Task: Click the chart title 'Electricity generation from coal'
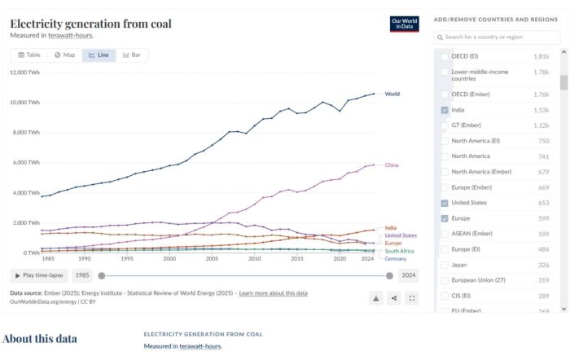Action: (x=90, y=24)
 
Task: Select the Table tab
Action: (x=29, y=55)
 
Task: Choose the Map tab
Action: (x=64, y=55)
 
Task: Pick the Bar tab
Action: (x=132, y=55)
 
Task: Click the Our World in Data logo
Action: (x=404, y=24)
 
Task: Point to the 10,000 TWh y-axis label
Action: (x=24, y=103)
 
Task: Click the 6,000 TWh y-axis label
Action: (x=25, y=162)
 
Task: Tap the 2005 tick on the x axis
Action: (x=212, y=258)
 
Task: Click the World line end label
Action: (x=392, y=94)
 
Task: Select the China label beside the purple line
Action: (x=392, y=165)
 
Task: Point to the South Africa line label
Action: (x=400, y=251)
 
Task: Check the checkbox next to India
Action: (x=445, y=110)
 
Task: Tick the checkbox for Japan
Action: (x=445, y=265)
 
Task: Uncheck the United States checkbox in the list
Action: (x=445, y=203)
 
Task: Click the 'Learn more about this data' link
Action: (x=273, y=292)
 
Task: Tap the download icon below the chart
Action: (x=376, y=298)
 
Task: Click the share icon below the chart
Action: (x=394, y=298)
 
